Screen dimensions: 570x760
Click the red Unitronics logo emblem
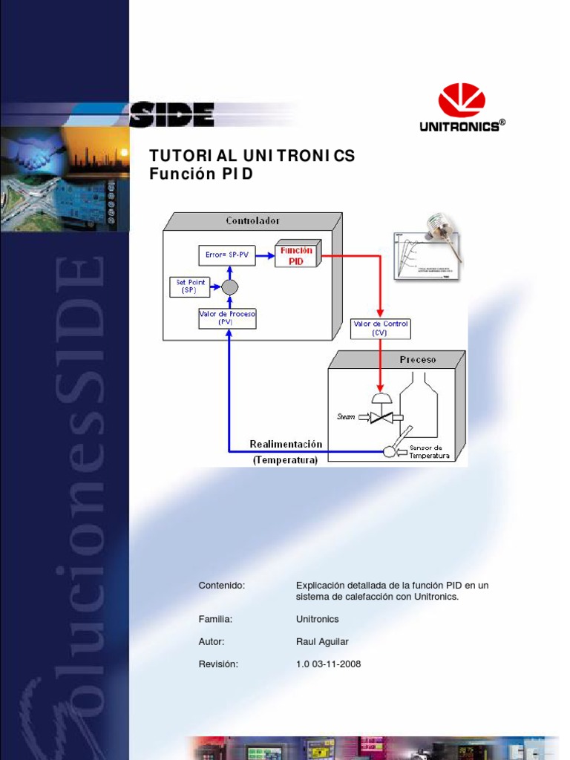tap(462, 100)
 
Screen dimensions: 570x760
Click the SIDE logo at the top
tap(171, 115)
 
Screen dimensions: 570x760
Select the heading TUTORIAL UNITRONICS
tap(252, 156)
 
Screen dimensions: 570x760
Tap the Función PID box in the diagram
tap(296, 255)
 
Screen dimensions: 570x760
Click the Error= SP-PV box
tap(227, 255)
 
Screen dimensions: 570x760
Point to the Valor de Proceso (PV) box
tap(227, 318)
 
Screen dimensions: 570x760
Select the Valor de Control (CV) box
tap(380, 328)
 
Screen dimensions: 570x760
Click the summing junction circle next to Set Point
tap(229, 286)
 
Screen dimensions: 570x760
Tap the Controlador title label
tap(253, 220)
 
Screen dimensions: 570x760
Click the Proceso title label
tap(418, 359)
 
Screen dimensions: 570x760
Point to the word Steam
tap(347, 416)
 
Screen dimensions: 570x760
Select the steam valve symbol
tap(381, 417)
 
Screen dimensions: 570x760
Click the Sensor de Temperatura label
tap(430, 452)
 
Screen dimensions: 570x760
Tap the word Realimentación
tap(286, 444)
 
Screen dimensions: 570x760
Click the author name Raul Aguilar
tap(322, 641)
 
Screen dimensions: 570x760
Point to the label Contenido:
tap(221, 585)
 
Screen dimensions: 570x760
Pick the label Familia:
tap(215, 619)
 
